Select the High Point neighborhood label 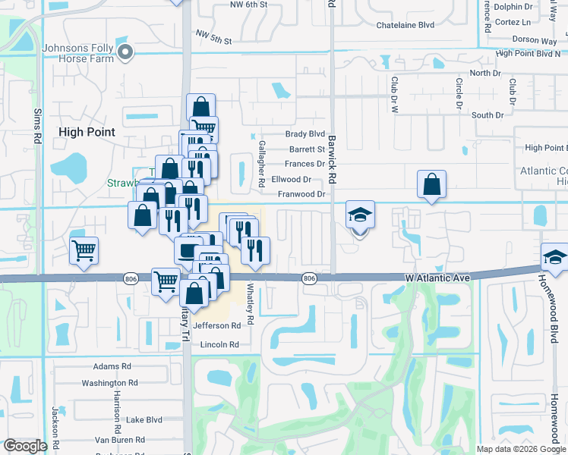[87, 132]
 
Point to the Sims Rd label [36, 126]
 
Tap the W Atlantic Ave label [437, 278]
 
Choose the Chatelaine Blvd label [405, 25]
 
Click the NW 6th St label [249, 5]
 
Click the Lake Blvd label [144, 419]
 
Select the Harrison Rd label [118, 404]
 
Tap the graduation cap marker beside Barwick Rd [360, 215]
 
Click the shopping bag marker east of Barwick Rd [431, 184]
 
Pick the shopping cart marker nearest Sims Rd [84, 250]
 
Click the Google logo [25, 447]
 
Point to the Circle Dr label [459, 93]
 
